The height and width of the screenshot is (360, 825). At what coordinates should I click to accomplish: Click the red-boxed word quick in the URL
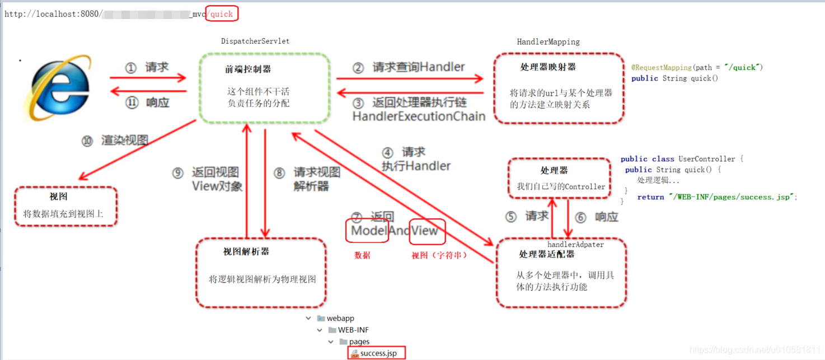coord(222,14)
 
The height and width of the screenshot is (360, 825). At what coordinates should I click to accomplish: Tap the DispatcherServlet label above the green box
coord(255,41)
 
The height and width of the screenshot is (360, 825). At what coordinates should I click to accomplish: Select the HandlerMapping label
coord(548,42)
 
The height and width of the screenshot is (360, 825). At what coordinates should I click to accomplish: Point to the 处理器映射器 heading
coord(548,67)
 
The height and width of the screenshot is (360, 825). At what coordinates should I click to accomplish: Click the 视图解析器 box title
coord(246,252)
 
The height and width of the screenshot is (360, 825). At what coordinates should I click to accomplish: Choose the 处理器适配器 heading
coord(547,255)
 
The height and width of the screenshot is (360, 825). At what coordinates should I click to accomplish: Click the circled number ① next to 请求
coord(130,68)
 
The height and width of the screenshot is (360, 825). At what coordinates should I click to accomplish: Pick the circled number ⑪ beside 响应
coord(132,103)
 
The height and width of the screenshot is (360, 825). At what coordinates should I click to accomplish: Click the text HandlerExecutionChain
coord(419,116)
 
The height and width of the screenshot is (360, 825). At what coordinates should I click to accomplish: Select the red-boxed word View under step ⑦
coord(426,231)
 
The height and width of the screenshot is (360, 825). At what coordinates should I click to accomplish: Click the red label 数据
coord(362,255)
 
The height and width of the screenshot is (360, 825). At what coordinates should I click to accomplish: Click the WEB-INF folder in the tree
coord(353,330)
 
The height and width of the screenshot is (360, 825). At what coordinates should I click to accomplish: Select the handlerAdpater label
coord(575,245)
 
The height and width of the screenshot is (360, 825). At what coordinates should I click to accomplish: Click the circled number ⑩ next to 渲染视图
coord(87,141)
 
